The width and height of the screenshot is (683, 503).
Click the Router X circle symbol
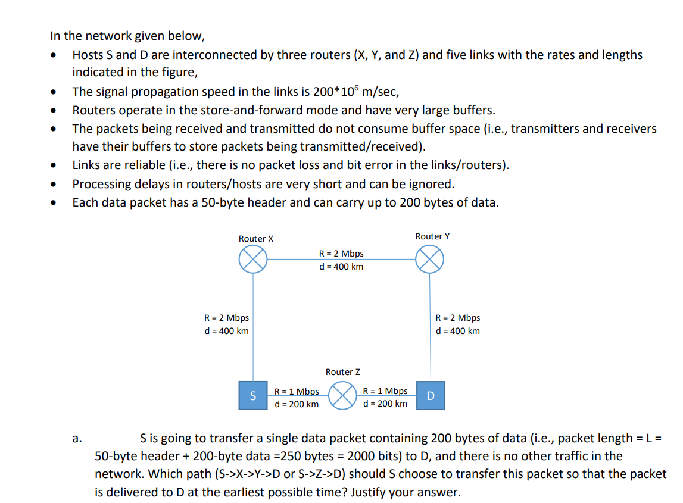point(253,260)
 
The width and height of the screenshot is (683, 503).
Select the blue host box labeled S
point(252,396)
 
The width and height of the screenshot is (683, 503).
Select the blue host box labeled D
point(431,396)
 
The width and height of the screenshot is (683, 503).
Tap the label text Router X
point(255,239)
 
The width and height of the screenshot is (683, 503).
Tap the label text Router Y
point(432,236)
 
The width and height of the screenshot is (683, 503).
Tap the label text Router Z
point(342,372)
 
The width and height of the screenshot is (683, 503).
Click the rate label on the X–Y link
point(341,254)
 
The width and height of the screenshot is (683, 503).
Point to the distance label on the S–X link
point(226,331)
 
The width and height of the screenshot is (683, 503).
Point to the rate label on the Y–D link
point(457,318)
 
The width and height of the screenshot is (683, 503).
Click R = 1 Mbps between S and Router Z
point(297,391)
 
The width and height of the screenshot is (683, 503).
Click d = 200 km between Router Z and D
point(385,404)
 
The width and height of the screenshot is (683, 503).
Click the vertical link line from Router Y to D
point(430,351)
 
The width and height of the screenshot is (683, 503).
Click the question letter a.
point(76,439)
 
